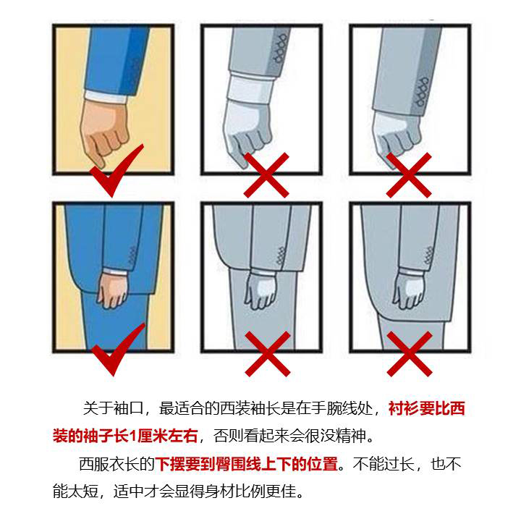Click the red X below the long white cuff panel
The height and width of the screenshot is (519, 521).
click(267, 174)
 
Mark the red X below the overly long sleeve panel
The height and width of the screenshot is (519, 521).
click(410, 174)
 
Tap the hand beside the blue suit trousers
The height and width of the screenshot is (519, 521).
click(112, 289)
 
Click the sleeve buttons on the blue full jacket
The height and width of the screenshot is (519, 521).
click(132, 255)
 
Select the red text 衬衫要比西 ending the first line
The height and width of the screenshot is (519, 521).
click(426, 409)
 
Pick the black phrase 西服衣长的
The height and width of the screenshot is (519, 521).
click(117, 464)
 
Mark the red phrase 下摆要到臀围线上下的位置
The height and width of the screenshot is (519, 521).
click(247, 464)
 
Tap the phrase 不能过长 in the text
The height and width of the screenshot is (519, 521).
click(384, 464)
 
